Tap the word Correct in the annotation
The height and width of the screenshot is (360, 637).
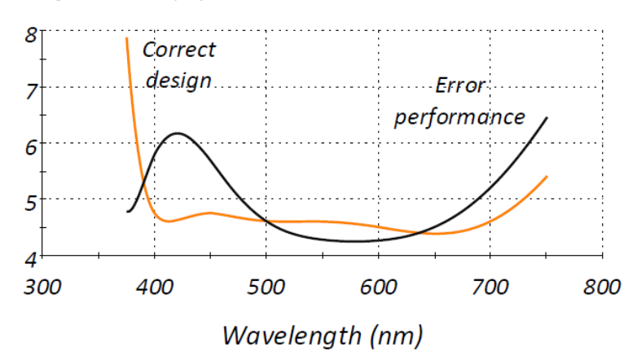(179, 50)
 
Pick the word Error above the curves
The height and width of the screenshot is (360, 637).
(460, 86)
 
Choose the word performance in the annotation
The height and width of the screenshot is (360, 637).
(459, 116)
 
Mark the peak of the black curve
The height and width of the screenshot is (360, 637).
(178, 133)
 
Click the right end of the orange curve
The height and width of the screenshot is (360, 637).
(547, 176)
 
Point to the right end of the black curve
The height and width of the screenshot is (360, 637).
(547, 118)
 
